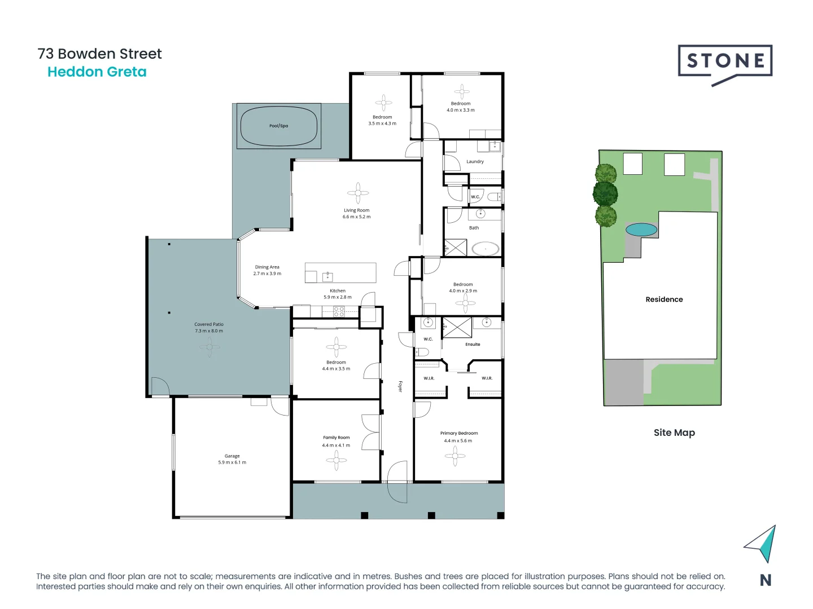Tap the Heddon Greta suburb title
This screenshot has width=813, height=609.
click(97, 72)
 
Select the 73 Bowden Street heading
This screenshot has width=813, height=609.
click(99, 54)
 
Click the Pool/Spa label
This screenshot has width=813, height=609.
click(278, 126)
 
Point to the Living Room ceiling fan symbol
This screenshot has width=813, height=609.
click(358, 193)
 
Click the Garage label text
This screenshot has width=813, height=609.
click(232, 456)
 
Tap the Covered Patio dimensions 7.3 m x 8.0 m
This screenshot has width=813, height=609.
click(209, 331)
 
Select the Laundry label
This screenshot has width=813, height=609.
click(475, 161)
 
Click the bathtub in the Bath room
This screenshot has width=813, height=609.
click(486, 248)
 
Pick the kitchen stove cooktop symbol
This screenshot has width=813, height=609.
click(339, 312)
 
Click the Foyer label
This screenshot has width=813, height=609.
click(400, 386)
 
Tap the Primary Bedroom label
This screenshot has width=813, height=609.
click(459, 433)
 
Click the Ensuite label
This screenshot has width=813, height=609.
click(473, 344)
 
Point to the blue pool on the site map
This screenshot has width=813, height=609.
click(641, 230)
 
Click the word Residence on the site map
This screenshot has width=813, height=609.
click(664, 299)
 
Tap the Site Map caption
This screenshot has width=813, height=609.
click(674, 433)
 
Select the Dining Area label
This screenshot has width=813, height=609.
click(267, 267)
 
